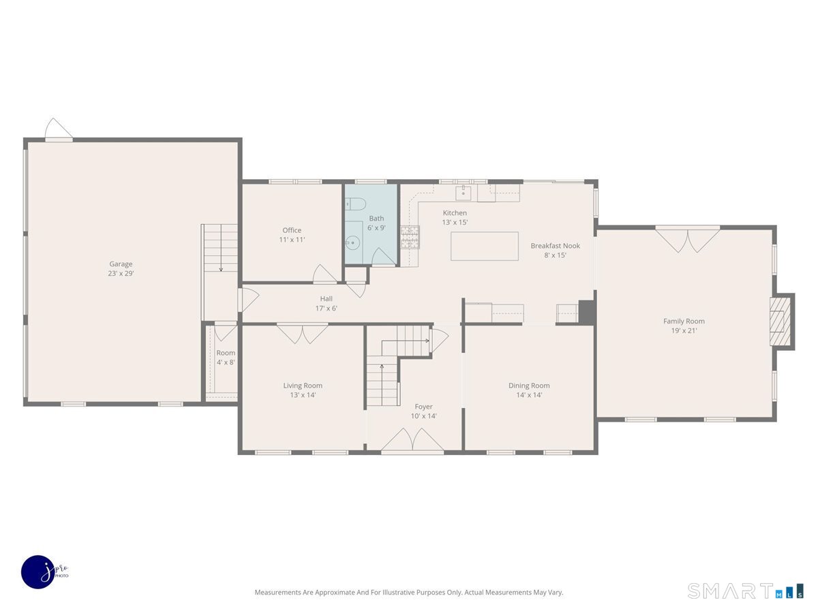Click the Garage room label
121,264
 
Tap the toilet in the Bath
355,204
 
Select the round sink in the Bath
352,243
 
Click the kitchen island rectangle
485,246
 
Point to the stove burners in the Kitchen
410,237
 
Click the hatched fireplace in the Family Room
780,321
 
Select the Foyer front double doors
412,439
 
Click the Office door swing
324,274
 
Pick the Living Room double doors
302,334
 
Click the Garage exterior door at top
59,130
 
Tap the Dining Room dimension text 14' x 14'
529,395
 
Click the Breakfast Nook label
556,246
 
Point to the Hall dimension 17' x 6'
326,308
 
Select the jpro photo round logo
39,572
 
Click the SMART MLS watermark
745,591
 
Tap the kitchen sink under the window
463,193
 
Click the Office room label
292,230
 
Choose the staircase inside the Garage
220,248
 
